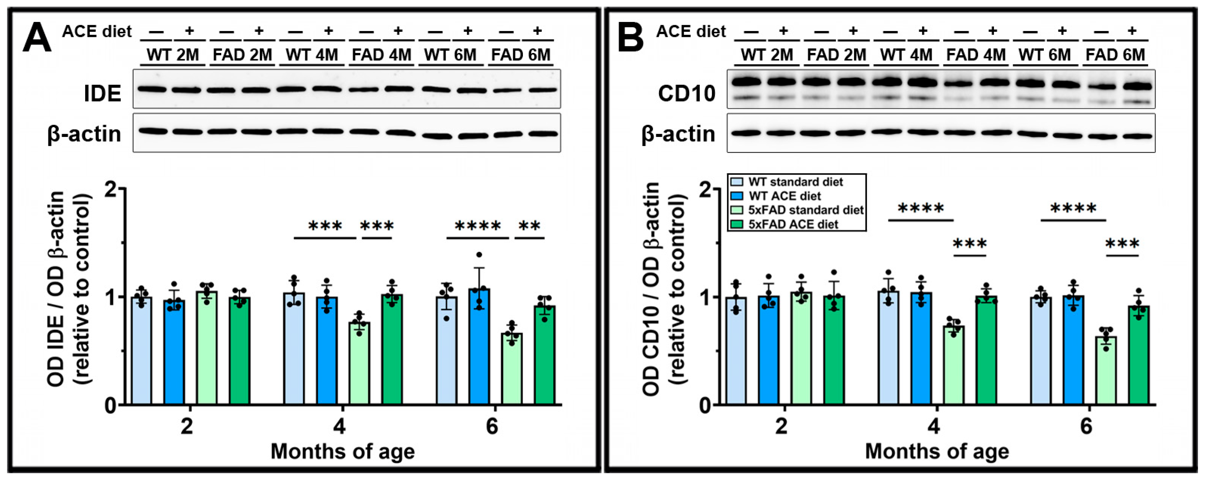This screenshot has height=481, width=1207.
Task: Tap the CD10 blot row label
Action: point(686,93)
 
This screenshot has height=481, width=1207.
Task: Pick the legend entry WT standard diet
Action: point(795,182)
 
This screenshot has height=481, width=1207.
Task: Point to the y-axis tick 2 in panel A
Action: point(110,189)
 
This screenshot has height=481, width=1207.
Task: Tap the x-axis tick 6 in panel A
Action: point(492,426)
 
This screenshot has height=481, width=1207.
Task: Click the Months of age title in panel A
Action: point(342,452)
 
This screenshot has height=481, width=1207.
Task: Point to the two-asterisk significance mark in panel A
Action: point(530,226)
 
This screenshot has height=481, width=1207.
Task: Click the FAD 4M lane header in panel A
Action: point(381,55)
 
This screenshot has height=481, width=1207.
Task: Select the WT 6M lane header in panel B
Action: point(1045,55)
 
